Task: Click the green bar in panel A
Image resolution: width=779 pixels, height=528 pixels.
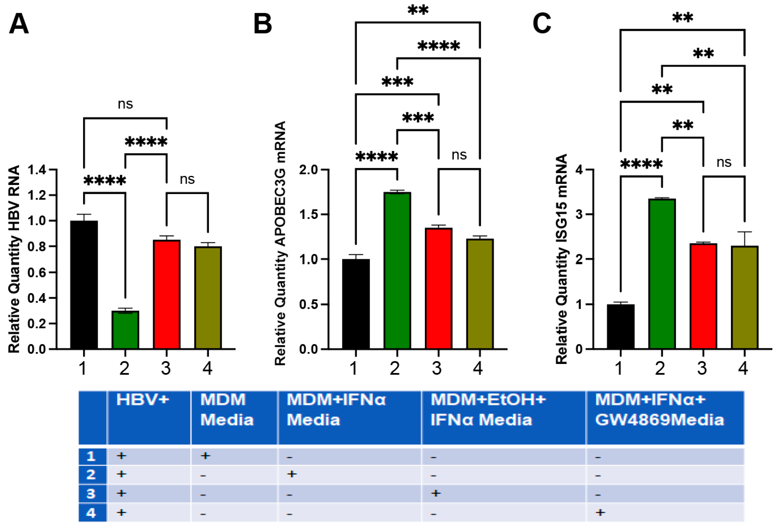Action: click(x=125, y=330)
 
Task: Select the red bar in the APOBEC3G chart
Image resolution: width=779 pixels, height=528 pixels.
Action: click(x=438, y=288)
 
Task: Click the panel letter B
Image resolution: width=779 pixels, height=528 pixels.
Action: click(x=263, y=24)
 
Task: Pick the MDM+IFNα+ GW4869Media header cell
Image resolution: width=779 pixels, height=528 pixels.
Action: click(x=659, y=410)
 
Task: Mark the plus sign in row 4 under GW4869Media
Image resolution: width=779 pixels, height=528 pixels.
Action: click(x=600, y=512)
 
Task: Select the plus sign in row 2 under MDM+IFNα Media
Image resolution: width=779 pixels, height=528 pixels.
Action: click(x=292, y=474)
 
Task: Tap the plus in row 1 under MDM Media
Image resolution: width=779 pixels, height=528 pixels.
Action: click(x=205, y=455)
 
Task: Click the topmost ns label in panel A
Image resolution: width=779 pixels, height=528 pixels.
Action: click(x=125, y=104)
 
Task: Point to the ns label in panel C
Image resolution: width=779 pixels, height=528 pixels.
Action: click(x=724, y=163)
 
